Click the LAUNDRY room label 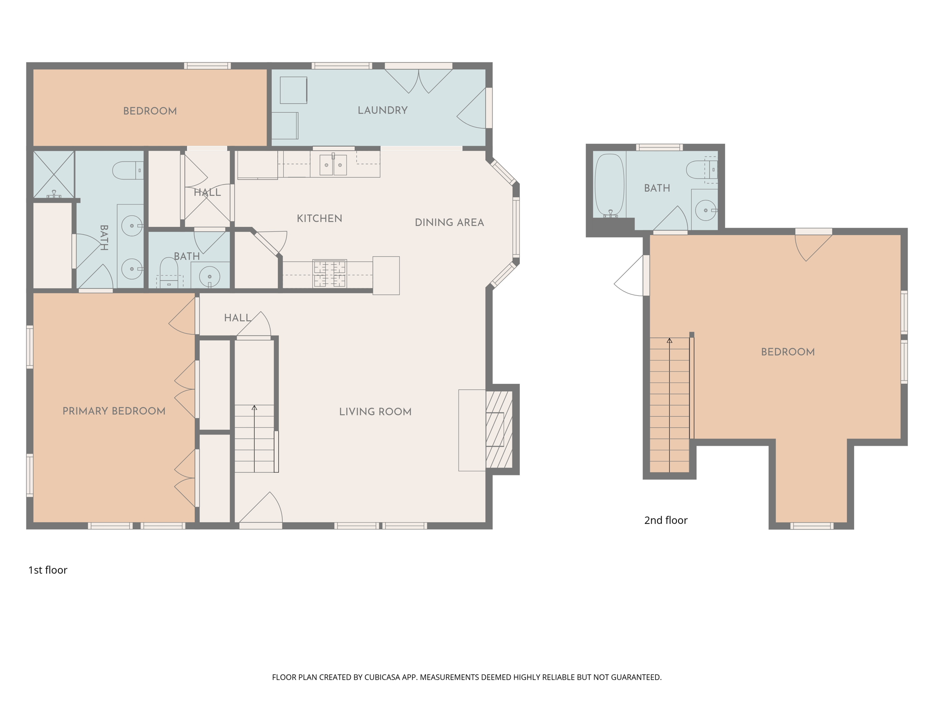[382, 110]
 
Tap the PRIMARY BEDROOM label [114, 411]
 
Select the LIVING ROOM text [375, 412]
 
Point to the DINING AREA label [449, 223]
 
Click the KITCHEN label [319, 219]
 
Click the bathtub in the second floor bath [609, 185]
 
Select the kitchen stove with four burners [329, 274]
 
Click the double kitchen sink [333, 165]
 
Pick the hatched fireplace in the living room [499, 429]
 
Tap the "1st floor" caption [48, 570]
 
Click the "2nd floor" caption [665, 520]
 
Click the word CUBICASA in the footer [382, 677]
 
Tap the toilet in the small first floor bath [169, 272]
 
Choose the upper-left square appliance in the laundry [293, 90]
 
